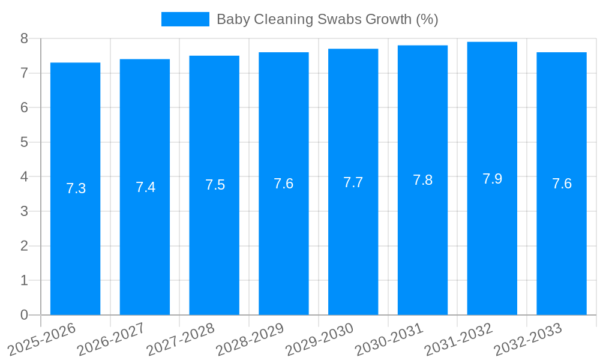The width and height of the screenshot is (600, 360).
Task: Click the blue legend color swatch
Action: [x=185, y=19]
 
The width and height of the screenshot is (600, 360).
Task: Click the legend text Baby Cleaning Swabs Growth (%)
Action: [x=327, y=19]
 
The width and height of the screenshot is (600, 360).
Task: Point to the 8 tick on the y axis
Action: [x=24, y=38]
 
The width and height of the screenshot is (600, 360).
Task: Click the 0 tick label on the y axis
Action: [x=24, y=315]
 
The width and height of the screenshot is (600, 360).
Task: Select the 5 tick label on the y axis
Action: [x=24, y=142]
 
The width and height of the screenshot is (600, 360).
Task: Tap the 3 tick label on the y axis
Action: [x=24, y=211]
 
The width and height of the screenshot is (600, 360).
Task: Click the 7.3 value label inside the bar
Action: [x=76, y=188]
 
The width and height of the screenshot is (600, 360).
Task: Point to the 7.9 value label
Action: [x=492, y=179]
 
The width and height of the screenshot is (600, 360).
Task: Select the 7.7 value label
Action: [x=353, y=182]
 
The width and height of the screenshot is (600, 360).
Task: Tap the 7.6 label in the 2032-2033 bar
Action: [x=562, y=184]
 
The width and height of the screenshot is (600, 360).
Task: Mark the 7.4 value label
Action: [x=145, y=187]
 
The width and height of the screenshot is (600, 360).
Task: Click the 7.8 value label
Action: [x=422, y=180]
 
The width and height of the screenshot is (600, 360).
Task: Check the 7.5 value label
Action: [x=215, y=185]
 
